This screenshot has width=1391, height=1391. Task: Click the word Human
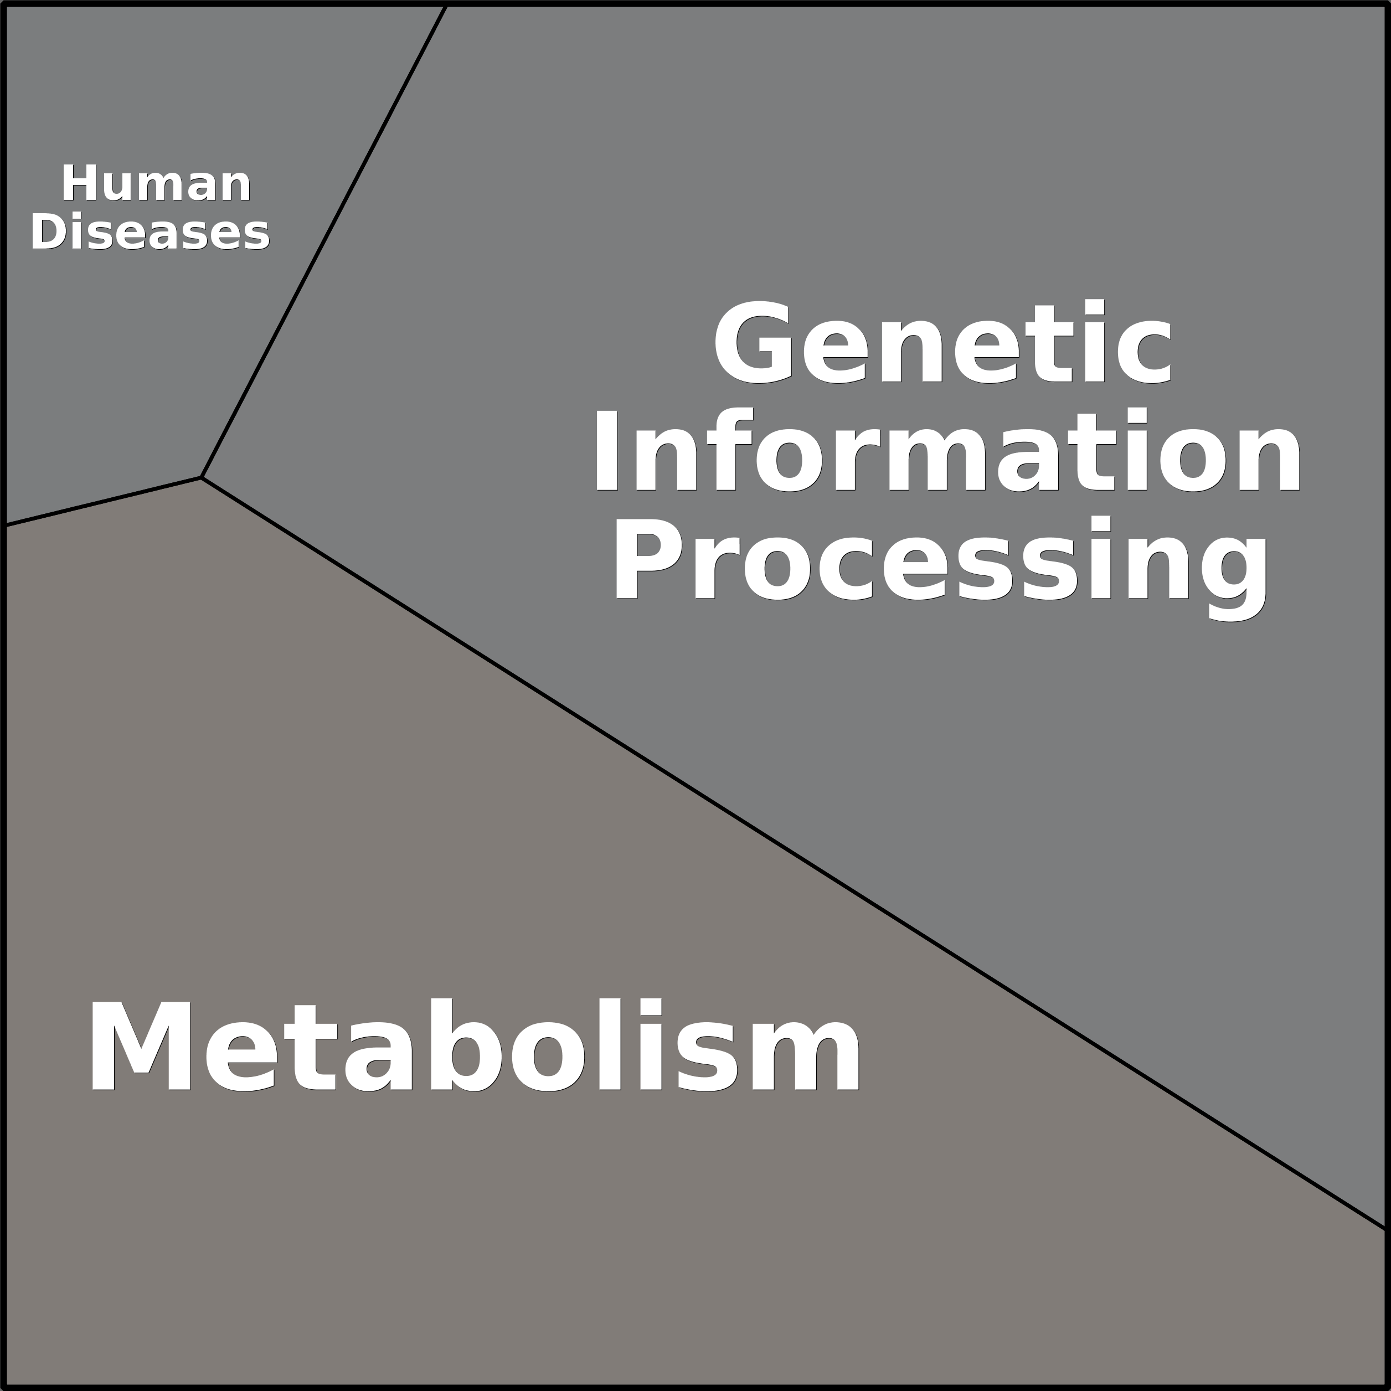[x=156, y=184]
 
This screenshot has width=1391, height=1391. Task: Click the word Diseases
[x=150, y=232]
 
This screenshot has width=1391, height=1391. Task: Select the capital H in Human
[x=79, y=184]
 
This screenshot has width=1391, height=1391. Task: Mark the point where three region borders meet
[x=202, y=477]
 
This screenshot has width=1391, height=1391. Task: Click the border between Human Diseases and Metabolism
[x=104, y=501]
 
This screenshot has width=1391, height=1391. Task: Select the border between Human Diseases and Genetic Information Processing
[x=324, y=241]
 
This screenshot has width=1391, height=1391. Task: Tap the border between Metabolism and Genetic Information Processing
[x=792, y=852]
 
